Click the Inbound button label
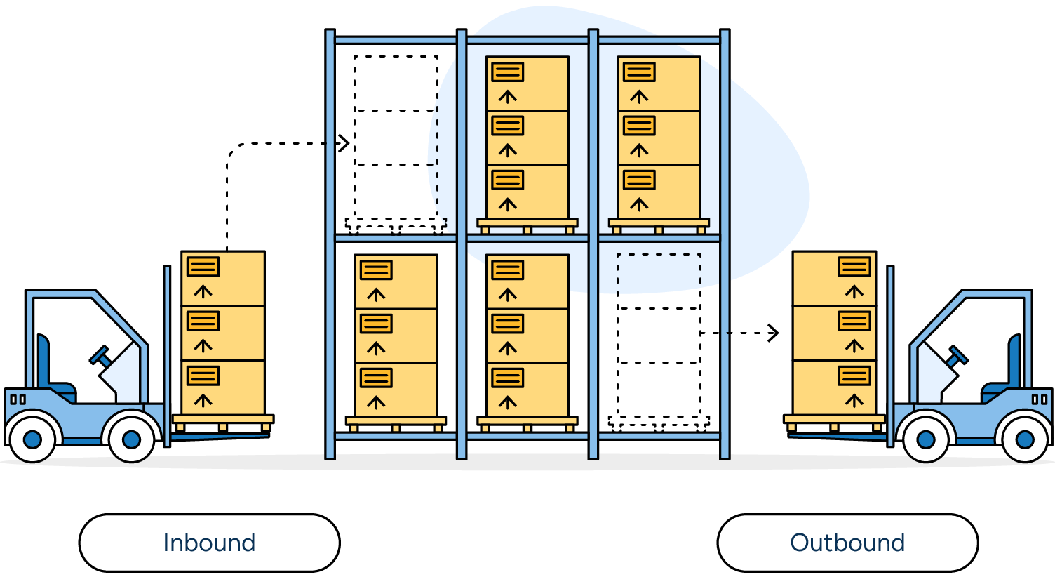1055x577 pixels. pyautogui.click(x=209, y=543)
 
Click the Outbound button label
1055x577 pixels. pyautogui.click(x=847, y=543)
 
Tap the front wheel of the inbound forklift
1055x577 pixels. pyautogui.click(x=131, y=439)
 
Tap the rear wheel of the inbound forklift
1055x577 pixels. pyautogui.click(x=32, y=440)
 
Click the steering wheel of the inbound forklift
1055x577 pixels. pyautogui.click(x=100, y=355)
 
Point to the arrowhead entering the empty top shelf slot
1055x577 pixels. pyautogui.click(x=344, y=143)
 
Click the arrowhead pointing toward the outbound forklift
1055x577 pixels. pyautogui.click(x=774, y=333)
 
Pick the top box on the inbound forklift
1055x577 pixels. pyautogui.click(x=223, y=278)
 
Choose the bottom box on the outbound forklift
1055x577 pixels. pyautogui.click(x=834, y=387)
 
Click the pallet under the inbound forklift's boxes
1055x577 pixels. pyautogui.click(x=223, y=420)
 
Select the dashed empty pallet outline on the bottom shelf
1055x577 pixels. pyautogui.click(x=659, y=422)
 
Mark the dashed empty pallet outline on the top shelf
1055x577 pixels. pyautogui.click(x=396, y=224)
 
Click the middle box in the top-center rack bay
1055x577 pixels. pyautogui.click(x=527, y=138)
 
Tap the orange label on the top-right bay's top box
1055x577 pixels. pyautogui.click(x=639, y=72)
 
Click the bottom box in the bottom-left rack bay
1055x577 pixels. pyautogui.click(x=396, y=389)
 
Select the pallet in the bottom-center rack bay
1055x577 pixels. pyautogui.click(x=527, y=422)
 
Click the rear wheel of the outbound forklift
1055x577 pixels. pyautogui.click(x=1025, y=440)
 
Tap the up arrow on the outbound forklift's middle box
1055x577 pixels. pyautogui.click(x=854, y=345)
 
